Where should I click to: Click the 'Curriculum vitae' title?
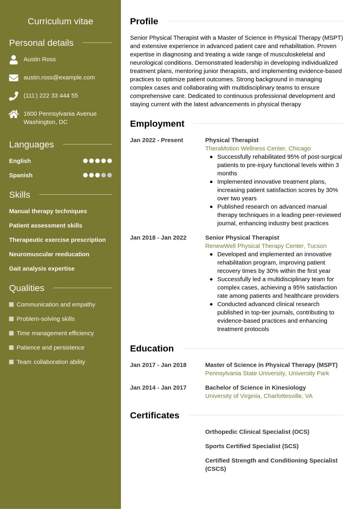point(60,21)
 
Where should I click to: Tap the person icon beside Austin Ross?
point(14,60)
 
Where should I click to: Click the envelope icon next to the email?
point(14,78)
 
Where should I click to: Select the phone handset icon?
point(14,96)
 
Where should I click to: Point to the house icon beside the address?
point(14,114)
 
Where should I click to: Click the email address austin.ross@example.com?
point(59,77)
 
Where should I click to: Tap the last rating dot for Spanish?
point(110,175)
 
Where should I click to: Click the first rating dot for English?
point(85,161)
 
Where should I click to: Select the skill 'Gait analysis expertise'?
point(42,268)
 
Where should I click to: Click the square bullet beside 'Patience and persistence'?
point(11,347)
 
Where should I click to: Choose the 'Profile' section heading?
point(144,21)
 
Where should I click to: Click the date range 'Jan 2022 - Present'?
point(156,140)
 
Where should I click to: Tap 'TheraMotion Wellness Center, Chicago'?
point(258,148)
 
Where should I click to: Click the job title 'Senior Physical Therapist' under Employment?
point(242,238)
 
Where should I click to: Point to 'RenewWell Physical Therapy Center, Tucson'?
point(266,246)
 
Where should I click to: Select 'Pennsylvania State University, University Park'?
point(267,373)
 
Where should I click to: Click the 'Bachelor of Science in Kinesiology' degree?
point(255,388)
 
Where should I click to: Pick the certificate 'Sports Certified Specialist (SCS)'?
point(252,446)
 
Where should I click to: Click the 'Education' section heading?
point(152,349)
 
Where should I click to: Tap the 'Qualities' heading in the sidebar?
point(27,288)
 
